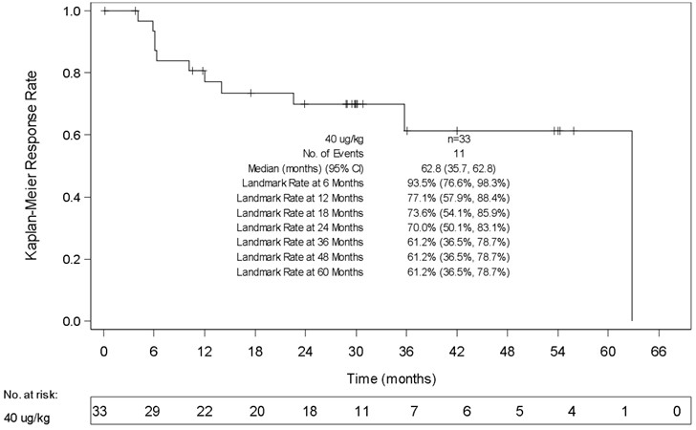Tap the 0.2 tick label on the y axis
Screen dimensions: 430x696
[71, 259]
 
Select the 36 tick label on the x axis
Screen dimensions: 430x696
[406, 350]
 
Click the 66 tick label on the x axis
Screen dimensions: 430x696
[659, 350]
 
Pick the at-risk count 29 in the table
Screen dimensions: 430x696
[153, 411]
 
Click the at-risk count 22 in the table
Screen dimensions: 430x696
[204, 411]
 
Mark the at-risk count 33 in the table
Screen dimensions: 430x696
[100, 411]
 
